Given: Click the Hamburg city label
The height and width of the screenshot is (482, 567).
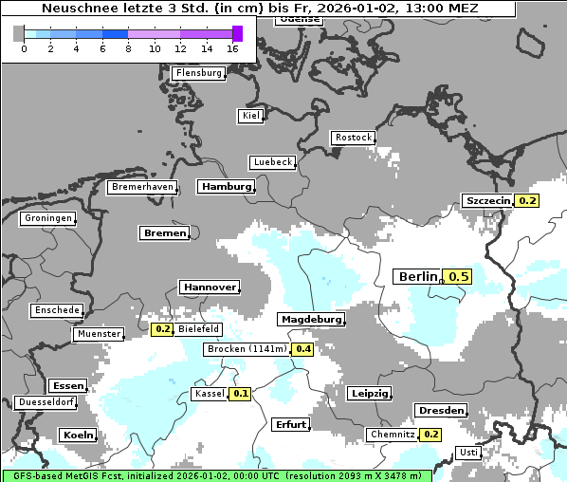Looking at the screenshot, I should click(x=227, y=187).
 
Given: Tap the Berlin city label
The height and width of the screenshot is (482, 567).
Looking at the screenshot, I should click(x=418, y=276).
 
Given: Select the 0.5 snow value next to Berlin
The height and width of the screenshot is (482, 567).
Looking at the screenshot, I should click(x=459, y=276).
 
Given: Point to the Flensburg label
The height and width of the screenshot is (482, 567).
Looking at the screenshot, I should click(x=199, y=73).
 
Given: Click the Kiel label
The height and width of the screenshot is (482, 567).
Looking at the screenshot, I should click(x=250, y=116).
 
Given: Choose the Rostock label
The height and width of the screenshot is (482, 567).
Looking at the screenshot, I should click(x=354, y=138).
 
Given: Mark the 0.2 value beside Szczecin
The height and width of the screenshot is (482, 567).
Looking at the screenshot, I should click(x=527, y=200).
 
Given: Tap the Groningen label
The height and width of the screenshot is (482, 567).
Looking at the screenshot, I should click(x=48, y=218).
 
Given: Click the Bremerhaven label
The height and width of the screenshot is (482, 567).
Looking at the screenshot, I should click(x=142, y=187).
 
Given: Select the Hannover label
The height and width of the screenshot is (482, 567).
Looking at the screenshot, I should click(x=209, y=287).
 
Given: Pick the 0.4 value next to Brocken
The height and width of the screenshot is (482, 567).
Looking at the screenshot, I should click(x=302, y=349).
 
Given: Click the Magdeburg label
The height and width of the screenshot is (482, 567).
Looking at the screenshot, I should click(x=310, y=320).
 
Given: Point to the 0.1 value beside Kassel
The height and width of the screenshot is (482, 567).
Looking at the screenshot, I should click(x=240, y=394).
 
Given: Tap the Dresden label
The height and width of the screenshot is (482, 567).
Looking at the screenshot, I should click(x=440, y=410).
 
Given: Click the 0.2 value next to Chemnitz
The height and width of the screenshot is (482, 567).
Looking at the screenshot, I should click(x=431, y=435).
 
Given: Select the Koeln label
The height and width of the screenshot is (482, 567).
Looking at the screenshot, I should click(x=78, y=435).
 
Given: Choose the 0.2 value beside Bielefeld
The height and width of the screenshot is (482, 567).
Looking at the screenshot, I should click(x=162, y=329).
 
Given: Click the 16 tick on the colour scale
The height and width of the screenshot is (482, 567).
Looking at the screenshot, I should click(x=233, y=48).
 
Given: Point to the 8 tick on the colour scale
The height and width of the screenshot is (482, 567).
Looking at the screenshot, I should click(x=127, y=48).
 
